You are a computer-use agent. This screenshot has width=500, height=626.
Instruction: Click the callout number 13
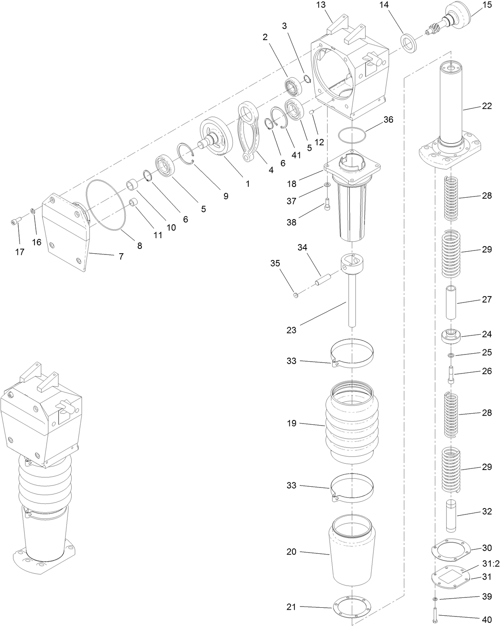(x=321, y=5)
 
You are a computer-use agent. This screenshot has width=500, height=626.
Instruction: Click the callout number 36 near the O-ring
(x=388, y=119)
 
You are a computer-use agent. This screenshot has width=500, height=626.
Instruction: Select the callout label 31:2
(x=490, y=564)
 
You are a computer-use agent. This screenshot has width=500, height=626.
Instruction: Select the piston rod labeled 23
(x=352, y=302)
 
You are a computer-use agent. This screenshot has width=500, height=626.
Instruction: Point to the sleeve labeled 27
(x=451, y=302)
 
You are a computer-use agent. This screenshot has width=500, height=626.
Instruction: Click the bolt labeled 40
(x=434, y=615)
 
